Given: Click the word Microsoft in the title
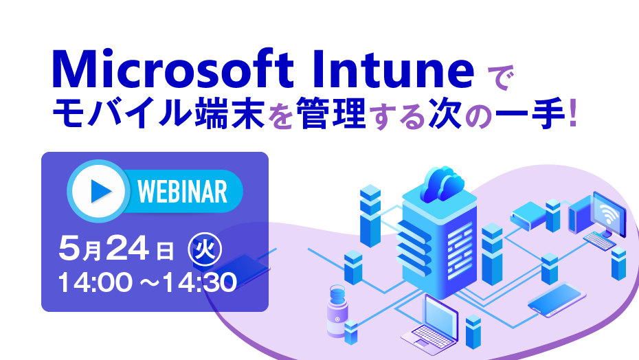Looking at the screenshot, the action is [172, 69].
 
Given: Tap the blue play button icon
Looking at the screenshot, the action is [99, 191].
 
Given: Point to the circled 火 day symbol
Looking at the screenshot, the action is [205, 249].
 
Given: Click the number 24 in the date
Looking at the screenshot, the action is [128, 248].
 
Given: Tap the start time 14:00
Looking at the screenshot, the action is [95, 282].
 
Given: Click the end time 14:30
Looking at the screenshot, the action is [200, 282].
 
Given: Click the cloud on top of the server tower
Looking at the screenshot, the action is [443, 184].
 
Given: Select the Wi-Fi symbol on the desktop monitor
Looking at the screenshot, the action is [607, 213].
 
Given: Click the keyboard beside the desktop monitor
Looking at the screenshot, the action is [599, 240].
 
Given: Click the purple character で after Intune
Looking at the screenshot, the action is [500, 77].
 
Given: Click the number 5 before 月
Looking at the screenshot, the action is [69, 248].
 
